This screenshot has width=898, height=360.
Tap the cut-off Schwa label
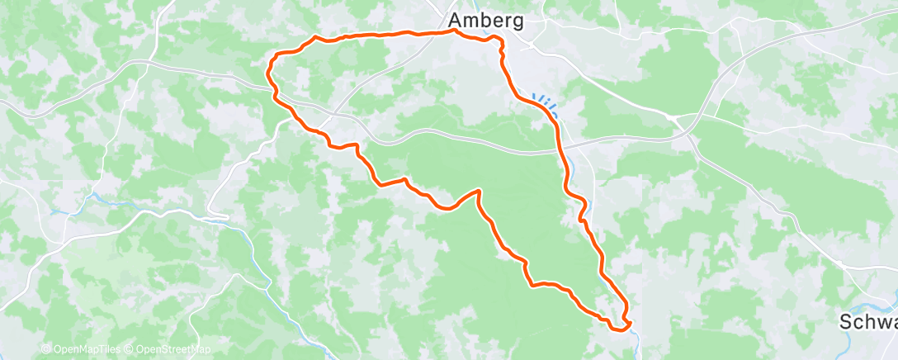(867, 322)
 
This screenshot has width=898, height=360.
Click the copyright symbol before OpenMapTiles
(45, 349)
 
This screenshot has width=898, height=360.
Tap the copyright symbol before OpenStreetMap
(128, 349)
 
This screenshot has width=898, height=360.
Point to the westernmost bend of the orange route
(267, 73)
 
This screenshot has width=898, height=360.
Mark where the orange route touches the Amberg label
(456, 31)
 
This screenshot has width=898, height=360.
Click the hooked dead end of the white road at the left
(225, 216)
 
